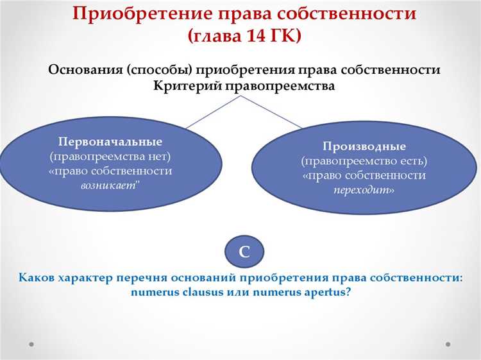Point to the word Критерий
pyautogui.click(x=186, y=85)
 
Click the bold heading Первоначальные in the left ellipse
pyautogui.click(x=110, y=141)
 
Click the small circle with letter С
pyautogui.click(x=244, y=252)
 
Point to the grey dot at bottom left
pyautogui.click(x=31, y=344)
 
